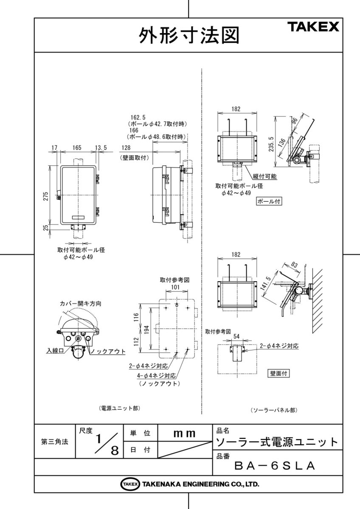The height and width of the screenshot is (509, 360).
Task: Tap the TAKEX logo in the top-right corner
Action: click(x=314, y=28)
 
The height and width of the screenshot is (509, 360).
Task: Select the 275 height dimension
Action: click(x=45, y=196)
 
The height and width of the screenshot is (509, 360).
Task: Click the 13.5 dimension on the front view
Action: click(x=101, y=148)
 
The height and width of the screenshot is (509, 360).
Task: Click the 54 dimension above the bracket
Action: click(x=236, y=336)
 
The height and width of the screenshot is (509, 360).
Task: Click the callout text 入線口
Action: click(x=55, y=351)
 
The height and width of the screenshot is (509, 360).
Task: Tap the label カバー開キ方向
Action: click(x=80, y=304)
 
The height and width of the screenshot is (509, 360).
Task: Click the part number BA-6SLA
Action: click(x=275, y=466)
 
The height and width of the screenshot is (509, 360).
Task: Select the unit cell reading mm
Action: click(x=184, y=433)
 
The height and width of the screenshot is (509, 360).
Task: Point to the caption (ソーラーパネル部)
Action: click(x=273, y=410)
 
